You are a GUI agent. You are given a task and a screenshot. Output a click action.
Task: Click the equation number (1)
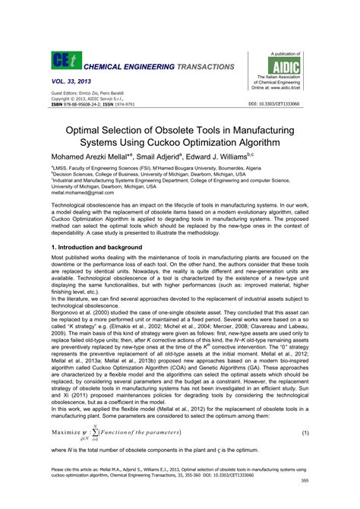[x=305, y=433]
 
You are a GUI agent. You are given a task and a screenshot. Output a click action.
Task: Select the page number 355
[x=303, y=501]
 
